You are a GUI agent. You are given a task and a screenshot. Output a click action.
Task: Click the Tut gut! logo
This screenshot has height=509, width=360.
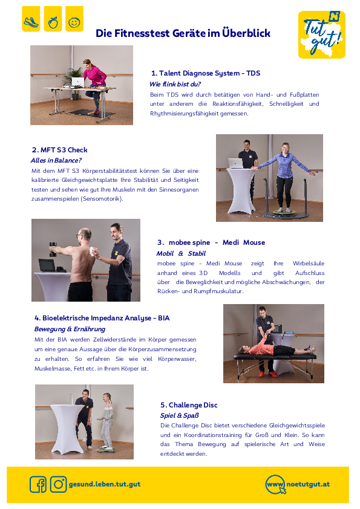(322, 34)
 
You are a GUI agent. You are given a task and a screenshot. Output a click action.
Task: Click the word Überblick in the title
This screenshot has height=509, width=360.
(246, 33)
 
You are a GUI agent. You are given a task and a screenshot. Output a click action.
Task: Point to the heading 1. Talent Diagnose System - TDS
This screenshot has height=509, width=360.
(206, 73)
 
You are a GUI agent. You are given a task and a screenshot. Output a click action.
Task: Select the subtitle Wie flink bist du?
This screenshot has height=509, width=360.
(175, 84)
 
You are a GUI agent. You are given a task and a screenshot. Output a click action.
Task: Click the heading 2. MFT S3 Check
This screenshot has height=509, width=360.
(60, 150)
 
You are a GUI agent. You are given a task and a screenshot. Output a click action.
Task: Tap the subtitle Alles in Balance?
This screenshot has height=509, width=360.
(56, 160)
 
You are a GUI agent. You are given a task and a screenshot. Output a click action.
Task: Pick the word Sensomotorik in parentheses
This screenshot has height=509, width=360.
(102, 199)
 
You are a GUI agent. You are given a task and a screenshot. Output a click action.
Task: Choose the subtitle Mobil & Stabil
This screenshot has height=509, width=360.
(181, 253)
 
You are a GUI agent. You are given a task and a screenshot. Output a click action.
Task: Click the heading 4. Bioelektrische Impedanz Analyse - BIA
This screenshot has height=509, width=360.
(102, 318)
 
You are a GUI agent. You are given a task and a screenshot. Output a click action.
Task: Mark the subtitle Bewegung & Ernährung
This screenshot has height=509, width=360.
(70, 329)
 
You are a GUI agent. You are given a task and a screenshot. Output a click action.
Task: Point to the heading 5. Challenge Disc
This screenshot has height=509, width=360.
(189, 405)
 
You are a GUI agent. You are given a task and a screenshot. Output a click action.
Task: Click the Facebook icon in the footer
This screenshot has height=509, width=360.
(38, 484)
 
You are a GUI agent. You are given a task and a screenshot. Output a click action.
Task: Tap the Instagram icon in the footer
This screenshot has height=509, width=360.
(59, 484)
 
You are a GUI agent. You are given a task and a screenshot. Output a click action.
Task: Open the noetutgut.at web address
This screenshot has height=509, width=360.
(308, 484)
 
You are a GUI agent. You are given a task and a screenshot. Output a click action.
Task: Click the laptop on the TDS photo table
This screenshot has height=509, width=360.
(78, 82)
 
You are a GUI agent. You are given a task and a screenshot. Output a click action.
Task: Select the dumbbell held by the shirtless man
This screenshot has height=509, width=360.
(53, 249)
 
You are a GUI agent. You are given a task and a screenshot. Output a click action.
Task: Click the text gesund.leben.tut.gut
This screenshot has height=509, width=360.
(105, 484)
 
